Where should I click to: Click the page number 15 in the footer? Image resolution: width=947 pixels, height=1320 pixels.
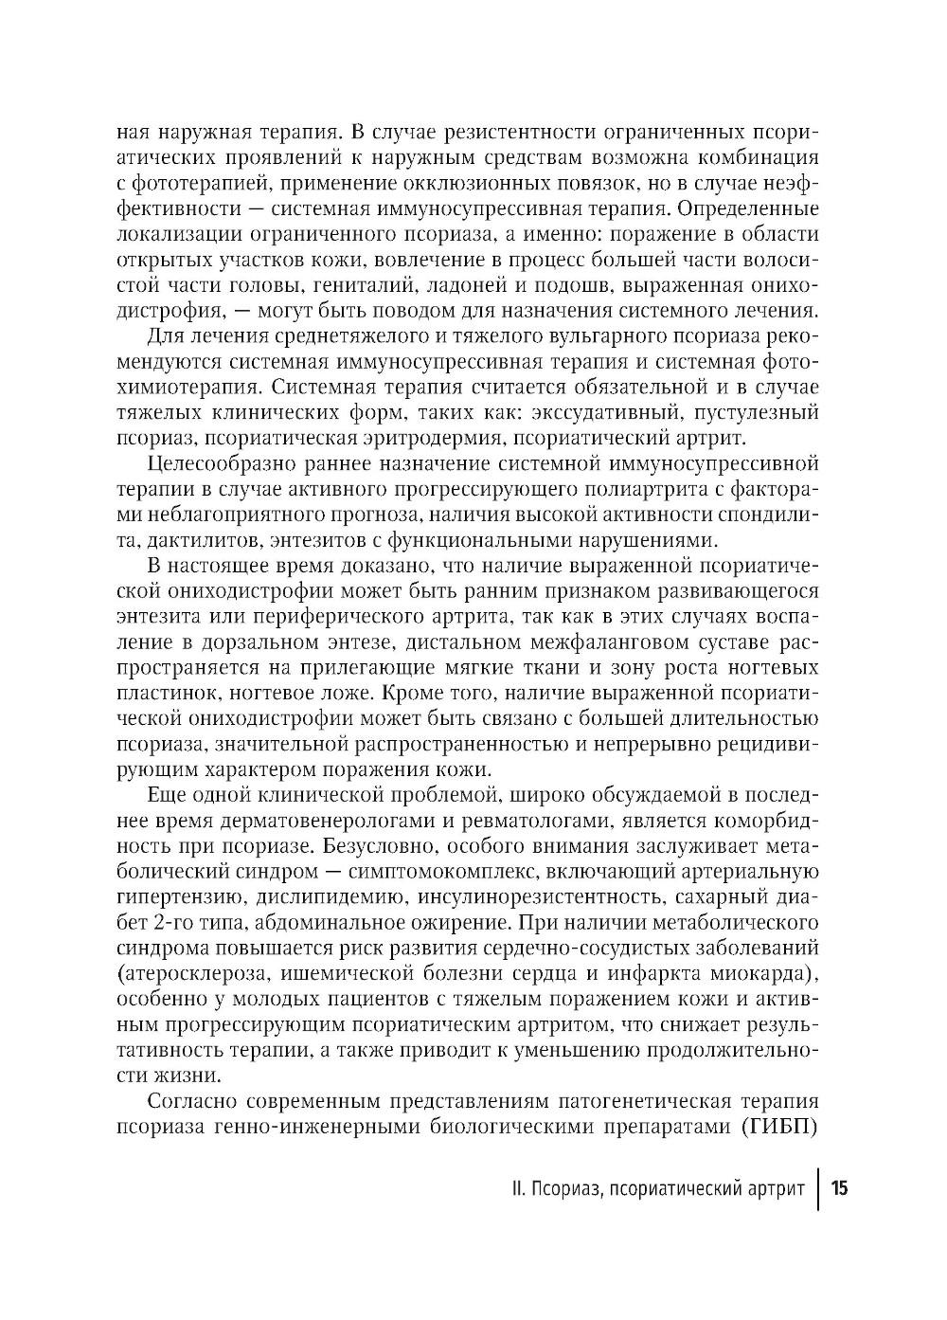pyautogui.click(x=840, y=1189)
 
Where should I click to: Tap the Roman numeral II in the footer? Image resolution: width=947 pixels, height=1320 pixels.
pyautogui.click(x=512, y=1189)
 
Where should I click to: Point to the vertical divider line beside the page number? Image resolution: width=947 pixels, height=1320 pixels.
pyautogui.click(x=819, y=1189)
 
